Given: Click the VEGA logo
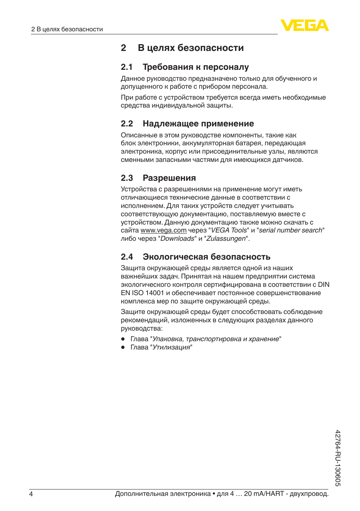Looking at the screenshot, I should tap(305, 25).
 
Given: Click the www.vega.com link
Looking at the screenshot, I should tap(163, 230).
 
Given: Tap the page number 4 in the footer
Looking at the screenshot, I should tap(31, 494).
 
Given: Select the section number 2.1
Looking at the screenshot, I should tap(127, 67).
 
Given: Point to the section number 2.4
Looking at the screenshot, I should tap(127, 257).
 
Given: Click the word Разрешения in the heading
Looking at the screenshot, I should tap(169, 178).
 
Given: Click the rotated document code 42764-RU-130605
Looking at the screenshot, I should tap(338, 458).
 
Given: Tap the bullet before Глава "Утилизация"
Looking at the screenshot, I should tap(123, 347).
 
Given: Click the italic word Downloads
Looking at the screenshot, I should tap(177, 239).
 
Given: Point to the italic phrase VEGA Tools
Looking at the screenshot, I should tap(229, 230).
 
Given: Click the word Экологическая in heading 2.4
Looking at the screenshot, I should tap(175, 257).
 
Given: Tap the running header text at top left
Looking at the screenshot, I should tap(67, 29).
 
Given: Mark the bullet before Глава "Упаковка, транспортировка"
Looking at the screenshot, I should tap(123, 339).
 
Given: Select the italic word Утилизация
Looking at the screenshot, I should tap(171, 347).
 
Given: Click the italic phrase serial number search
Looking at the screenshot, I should tap(291, 230).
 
